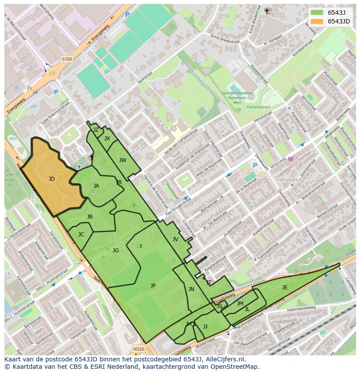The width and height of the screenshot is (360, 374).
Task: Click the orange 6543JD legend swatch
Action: (x=318, y=21)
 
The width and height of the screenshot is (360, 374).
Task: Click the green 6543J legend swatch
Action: (x=318, y=13)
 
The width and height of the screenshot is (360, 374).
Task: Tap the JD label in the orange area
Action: (x=52, y=179)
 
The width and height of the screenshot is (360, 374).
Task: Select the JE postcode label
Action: (x=285, y=288)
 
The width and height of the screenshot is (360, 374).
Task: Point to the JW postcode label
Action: (x=123, y=160)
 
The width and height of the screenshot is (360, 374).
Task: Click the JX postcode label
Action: (x=107, y=139)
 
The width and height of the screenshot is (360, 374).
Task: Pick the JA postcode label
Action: (x=96, y=186)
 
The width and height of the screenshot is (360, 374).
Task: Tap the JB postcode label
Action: (x=90, y=217)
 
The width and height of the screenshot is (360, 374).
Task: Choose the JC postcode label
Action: (x=81, y=235)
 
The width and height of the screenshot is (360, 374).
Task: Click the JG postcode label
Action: (x=116, y=251)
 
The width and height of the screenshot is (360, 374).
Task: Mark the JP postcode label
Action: (x=153, y=286)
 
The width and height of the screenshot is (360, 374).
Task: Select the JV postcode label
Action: (x=175, y=239)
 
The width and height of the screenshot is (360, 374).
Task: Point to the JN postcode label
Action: (x=191, y=289)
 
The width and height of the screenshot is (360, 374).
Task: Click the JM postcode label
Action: (x=240, y=304)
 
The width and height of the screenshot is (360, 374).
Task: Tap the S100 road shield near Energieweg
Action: (x=67, y=59)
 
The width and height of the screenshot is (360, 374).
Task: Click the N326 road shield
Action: (x=138, y=349)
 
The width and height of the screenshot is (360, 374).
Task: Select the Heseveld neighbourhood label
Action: (x=289, y=179)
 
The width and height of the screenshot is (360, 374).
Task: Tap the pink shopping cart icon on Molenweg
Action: (x=290, y=159)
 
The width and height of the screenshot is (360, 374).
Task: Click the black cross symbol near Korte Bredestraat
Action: (x=267, y=11)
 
